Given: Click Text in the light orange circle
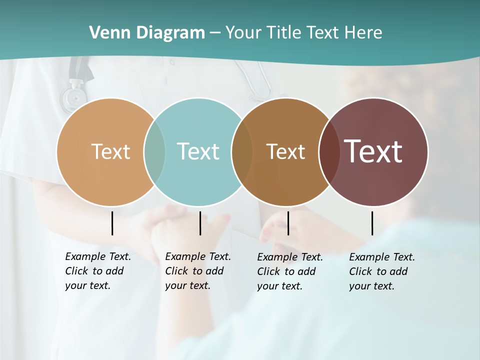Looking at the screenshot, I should [x=110, y=151].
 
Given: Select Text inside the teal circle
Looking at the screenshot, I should [x=198, y=151].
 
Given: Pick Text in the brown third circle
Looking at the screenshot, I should [x=285, y=151].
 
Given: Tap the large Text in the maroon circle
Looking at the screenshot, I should [x=373, y=151].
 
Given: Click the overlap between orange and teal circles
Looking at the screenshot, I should [x=154, y=151].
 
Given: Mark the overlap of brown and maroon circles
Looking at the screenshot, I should [x=328, y=151].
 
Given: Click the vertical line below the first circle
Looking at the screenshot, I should [x=112, y=223].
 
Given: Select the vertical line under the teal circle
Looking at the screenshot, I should [x=200, y=223].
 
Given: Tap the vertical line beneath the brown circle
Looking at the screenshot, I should [x=288, y=223].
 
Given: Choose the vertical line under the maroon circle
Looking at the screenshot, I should [x=372, y=223].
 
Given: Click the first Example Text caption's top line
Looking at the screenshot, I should [x=98, y=256].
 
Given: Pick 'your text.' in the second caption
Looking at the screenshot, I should [x=187, y=285].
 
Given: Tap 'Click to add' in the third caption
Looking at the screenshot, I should [x=286, y=271].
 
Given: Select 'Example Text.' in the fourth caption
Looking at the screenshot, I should [x=382, y=257].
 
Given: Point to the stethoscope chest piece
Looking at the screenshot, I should [x=73, y=97].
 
